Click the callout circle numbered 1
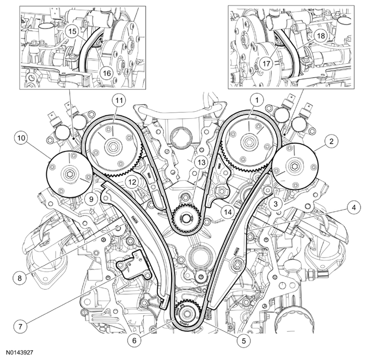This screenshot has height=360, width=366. [257, 100]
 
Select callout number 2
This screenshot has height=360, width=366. [332, 141]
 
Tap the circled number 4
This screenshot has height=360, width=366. [354, 208]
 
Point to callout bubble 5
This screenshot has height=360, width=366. [243, 341]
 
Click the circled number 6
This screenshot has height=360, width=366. [134, 340]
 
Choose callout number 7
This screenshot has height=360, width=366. [20, 326]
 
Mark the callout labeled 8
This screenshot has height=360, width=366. [20, 278]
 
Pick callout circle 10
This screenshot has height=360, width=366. [21, 138]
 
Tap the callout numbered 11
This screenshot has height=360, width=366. [119, 100]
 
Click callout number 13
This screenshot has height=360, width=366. [202, 162]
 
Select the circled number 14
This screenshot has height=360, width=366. [228, 212]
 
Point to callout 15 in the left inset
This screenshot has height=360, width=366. [72, 31]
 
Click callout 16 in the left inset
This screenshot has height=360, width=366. [107, 73]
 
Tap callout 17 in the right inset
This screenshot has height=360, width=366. [266, 64]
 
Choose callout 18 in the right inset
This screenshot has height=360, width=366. [321, 36]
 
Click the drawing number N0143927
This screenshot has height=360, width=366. [20, 352]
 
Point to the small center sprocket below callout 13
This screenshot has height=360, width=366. [186, 219]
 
